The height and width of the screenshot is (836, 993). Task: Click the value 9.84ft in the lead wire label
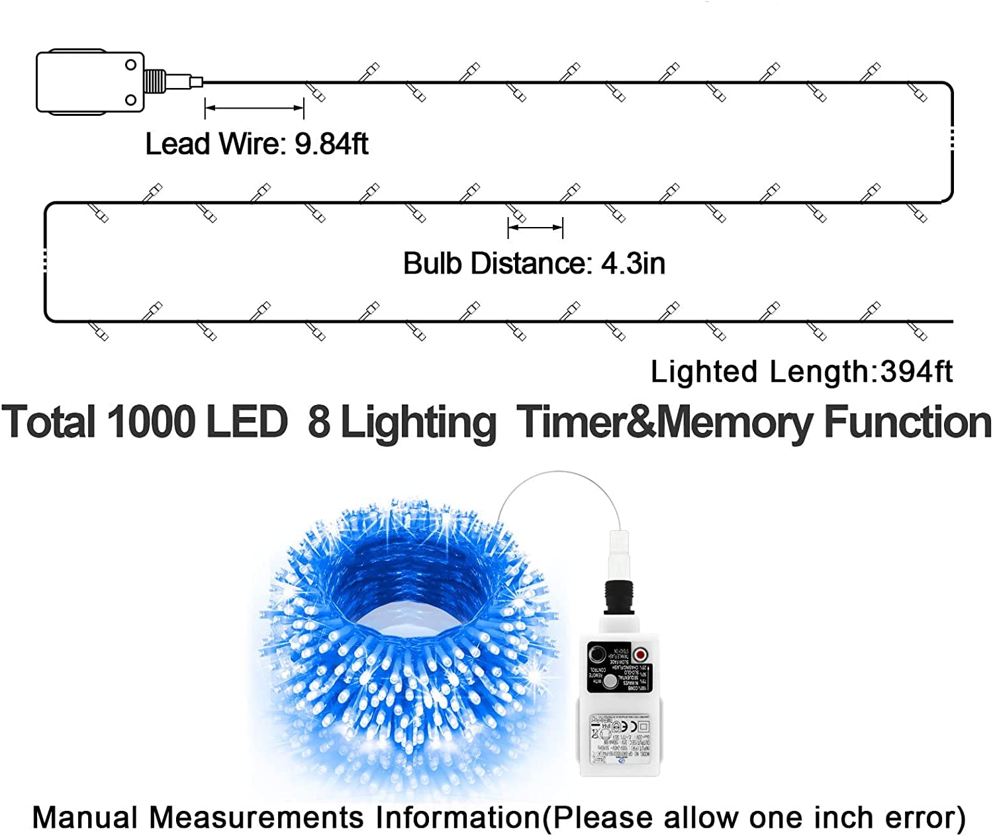pyautogui.click(x=331, y=144)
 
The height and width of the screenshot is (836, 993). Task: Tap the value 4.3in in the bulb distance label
pyautogui.click(x=633, y=263)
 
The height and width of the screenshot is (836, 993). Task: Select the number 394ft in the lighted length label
pyautogui.click(x=916, y=371)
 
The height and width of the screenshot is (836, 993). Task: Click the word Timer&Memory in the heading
pyautogui.click(x=663, y=423)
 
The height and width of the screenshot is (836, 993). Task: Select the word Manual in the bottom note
pyautogui.click(x=85, y=817)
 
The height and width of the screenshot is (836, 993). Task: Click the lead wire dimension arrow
pyautogui.click(x=254, y=108)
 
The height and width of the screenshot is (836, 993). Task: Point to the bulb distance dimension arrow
pyautogui.click(x=535, y=228)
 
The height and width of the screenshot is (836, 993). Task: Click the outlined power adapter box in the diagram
pyautogui.click(x=89, y=82)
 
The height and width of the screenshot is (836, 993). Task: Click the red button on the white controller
pyautogui.click(x=639, y=655)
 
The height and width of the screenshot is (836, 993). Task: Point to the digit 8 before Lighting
pyautogui.click(x=318, y=422)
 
